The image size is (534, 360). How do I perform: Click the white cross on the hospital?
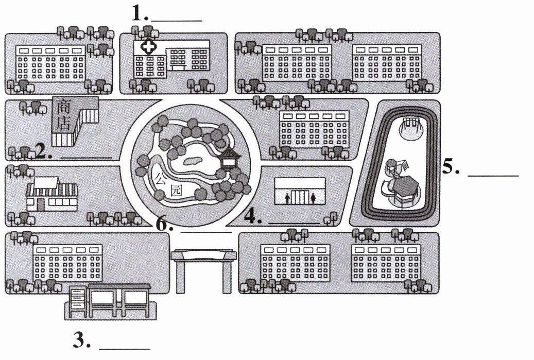click(149, 47)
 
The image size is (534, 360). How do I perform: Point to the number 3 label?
click(82, 340)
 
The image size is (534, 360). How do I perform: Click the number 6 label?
click(164, 225)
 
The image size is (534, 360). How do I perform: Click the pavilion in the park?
click(228, 158)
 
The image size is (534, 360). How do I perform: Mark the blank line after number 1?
click(176, 20)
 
